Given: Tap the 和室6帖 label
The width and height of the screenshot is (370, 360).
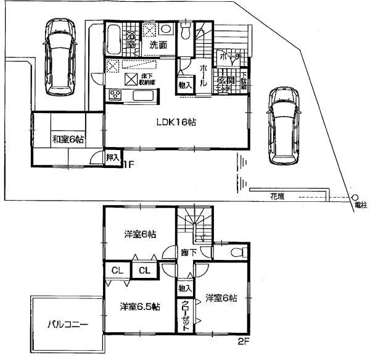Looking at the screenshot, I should coord(68,140).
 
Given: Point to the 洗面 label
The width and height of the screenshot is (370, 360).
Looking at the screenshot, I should coord(158,44).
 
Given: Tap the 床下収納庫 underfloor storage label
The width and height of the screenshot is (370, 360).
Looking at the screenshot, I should coord(148,78).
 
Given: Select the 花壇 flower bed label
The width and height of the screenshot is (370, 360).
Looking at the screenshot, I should coord(277,196).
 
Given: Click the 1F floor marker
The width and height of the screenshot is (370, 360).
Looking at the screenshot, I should coord(127,164).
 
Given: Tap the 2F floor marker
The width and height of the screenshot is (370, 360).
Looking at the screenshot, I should coord(245,339).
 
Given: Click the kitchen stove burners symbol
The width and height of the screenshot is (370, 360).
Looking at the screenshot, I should coord(115,94).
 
